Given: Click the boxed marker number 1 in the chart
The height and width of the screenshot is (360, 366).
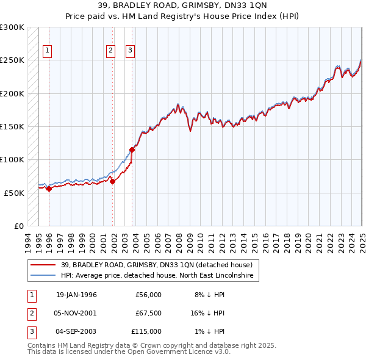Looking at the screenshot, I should point(48,51).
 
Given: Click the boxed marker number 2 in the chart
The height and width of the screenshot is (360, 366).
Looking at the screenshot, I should point(110,51).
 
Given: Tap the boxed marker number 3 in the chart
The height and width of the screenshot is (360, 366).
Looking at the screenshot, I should point(130,51).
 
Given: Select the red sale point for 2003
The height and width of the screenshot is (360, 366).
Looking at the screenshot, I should point(132,149).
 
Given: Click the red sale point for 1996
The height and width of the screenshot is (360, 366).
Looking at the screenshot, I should point(49,189).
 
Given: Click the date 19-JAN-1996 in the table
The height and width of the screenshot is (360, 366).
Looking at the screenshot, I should point(76,295).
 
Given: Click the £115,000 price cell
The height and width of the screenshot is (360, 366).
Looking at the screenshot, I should point(146,331).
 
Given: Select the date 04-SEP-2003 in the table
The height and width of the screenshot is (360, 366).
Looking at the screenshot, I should point(76,331).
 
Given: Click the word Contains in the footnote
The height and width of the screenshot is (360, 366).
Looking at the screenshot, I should point(43,345).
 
